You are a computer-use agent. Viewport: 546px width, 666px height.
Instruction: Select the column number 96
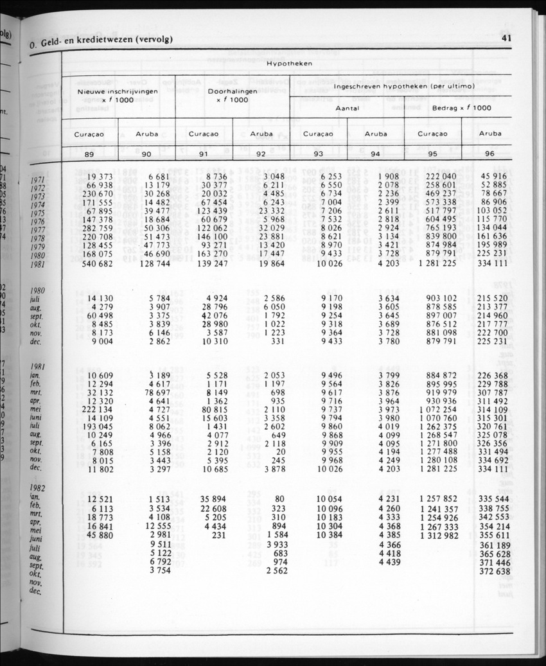pos(489,153)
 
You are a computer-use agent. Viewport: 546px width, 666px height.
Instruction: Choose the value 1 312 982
pos(438,534)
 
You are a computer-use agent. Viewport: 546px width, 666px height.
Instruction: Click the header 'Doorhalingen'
pos(232,91)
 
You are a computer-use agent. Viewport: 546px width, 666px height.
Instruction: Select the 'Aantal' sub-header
pos(347,108)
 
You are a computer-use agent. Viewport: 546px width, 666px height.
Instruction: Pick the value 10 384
pos(327,534)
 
